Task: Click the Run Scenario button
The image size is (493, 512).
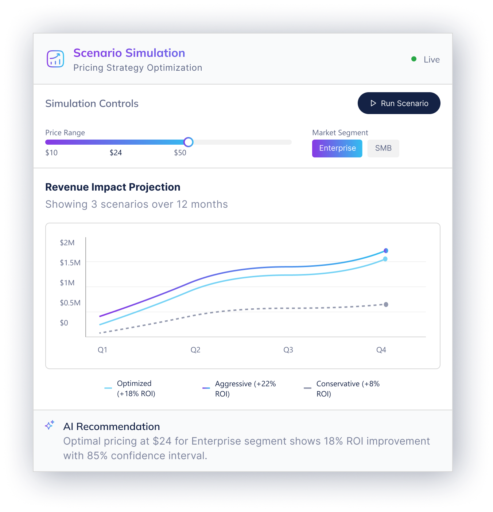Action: click(x=399, y=103)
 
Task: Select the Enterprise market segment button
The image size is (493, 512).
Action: click(x=337, y=148)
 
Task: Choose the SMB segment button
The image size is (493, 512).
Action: click(x=383, y=148)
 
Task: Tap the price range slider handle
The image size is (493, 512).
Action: click(x=188, y=142)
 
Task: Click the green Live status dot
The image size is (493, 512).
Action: click(x=414, y=59)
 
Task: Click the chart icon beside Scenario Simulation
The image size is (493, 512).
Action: click(x=55, y=59)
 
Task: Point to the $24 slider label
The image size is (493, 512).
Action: click(x=116, y=153)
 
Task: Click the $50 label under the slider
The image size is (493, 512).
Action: click(x=180, y=153)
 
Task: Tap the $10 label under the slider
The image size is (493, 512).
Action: click(x=51, y=153)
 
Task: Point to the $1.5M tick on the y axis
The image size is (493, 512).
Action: click(x=70, y=263)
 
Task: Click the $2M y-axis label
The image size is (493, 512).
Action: click(x=67, y=243)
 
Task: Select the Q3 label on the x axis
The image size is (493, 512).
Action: click(x=288, y=350)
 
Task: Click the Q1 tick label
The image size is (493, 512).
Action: click(x=102, y=350)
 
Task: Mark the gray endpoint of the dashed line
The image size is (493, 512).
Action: click(x=386, y=305)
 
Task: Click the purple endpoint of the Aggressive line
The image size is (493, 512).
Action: click(x=386, y=251)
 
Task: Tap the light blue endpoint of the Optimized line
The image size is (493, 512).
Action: click(x=385, y=259)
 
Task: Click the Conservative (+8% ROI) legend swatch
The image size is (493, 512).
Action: click(x=307, y=388)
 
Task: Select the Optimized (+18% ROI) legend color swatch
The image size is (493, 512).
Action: click(x=108, y=388)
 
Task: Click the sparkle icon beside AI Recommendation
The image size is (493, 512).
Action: click(x=50, y=425)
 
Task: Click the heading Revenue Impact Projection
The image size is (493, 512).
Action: click(x=113, y=187)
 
